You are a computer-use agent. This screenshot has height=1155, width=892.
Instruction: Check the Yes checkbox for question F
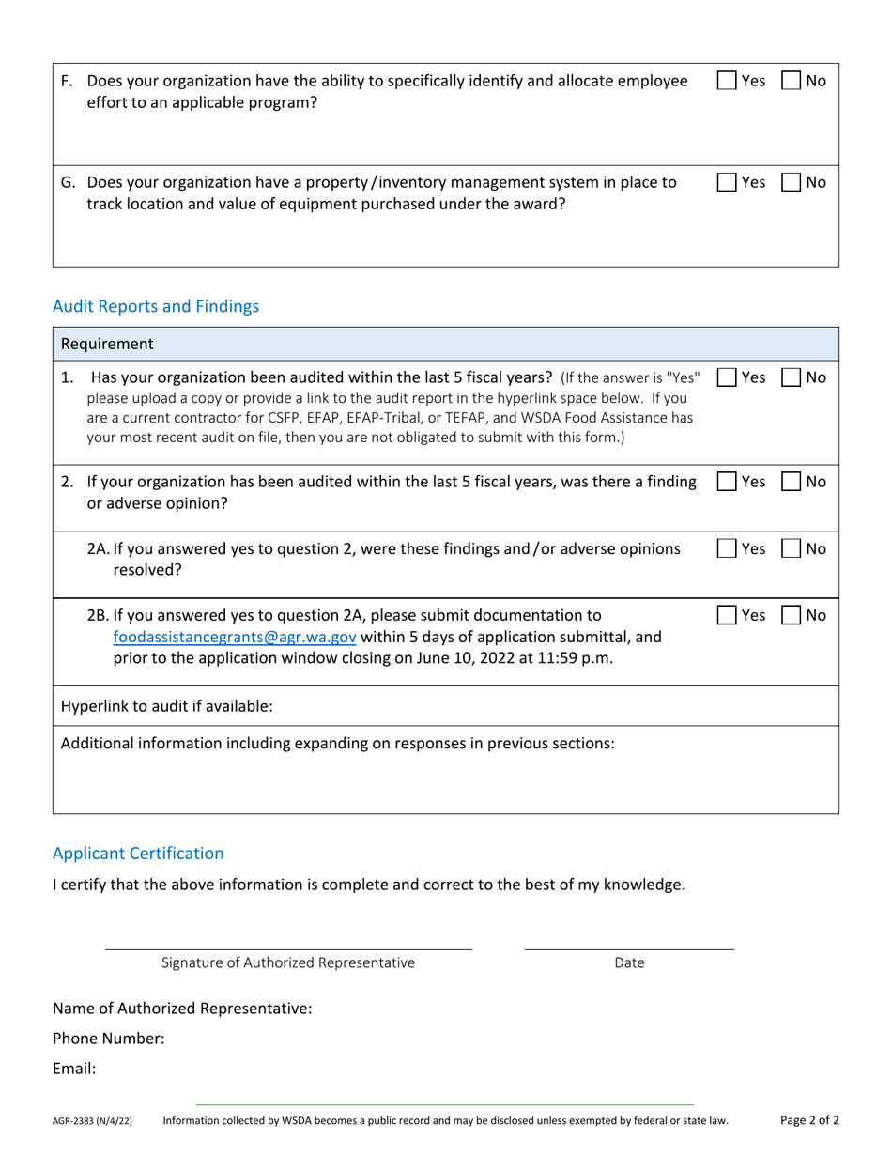click(727, 81)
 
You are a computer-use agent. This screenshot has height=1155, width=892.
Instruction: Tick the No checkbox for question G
click(792, 182)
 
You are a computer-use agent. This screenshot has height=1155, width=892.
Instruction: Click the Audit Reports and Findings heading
click(156, 306)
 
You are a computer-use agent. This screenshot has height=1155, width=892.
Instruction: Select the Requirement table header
click(107, 344)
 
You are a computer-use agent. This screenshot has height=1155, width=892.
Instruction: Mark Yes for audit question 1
click(727, 377)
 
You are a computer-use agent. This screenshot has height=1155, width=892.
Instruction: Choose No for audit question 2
click(792, 482)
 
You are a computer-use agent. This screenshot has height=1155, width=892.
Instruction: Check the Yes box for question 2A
click(727, 548)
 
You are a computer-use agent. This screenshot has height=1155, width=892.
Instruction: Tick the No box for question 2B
click(792, 615)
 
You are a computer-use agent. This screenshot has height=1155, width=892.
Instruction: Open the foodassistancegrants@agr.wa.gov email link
click(235, 637)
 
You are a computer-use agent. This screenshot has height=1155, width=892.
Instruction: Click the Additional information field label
click(338, 744)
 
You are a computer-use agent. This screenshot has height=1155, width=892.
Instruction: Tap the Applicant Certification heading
click(138, 853)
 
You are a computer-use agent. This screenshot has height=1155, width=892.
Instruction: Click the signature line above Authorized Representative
click(288, 948)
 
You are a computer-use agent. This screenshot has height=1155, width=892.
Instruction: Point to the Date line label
click(629, 962)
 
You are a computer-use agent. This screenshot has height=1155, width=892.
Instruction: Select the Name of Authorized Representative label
click(182, 1009)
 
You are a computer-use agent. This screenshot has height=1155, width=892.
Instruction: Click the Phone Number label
click(109, 1039)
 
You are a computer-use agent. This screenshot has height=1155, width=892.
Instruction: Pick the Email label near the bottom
click(74, 1069)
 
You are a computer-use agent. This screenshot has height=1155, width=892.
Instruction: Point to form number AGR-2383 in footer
click(92, 1121)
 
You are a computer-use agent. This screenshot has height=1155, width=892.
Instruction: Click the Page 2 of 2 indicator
click(809, 1119)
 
